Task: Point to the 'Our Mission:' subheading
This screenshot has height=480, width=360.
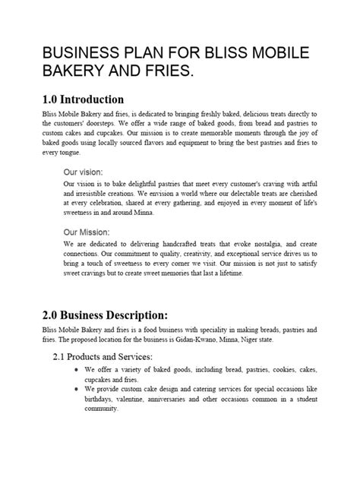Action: [87, 232]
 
